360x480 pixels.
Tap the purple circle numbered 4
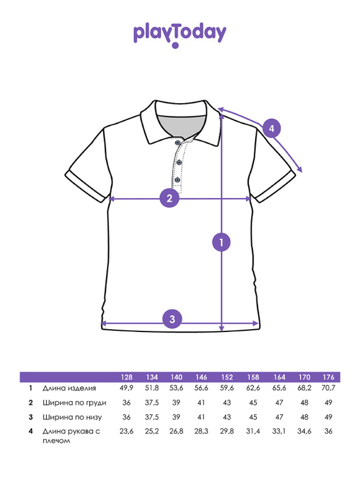[x=271, y=128]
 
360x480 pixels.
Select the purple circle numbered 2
[x=170, y=199]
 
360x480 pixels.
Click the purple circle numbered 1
[x=221, y=242]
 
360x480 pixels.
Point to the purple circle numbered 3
[x=172, y=319]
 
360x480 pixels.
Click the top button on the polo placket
[x=177, y=142]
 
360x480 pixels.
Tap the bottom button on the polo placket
[x=177, y=179]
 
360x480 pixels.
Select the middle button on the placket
[x=179, y=162]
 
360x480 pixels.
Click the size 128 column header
[x=126, y=377]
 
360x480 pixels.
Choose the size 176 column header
[x=328, y=377]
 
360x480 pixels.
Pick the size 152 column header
[x=227, y=377]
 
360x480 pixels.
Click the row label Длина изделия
[x=69, y=388]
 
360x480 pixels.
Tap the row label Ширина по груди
[x=75, y=403]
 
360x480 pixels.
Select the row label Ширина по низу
[x=72, y=417]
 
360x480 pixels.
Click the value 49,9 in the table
[x=126, y=388]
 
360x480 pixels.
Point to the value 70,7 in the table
[x=328, y=388]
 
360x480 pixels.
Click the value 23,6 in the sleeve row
[x=126, y=431]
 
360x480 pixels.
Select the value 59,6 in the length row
[x=227, y=388]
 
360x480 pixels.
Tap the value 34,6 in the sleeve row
[x=304, y=431]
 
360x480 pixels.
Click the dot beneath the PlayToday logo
[x=175, y=45]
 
